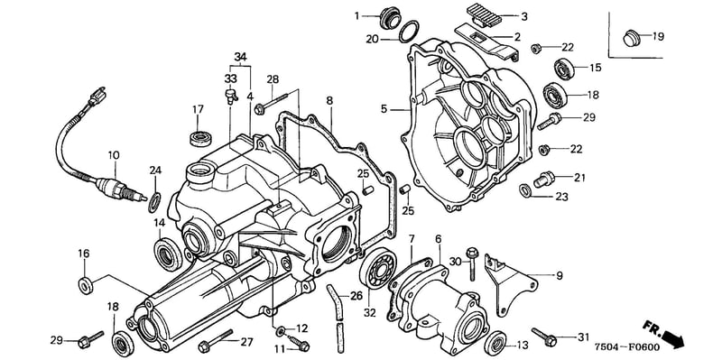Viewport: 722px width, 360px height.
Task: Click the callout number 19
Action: (658, 36)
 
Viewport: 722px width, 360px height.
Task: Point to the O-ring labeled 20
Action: (409, 32)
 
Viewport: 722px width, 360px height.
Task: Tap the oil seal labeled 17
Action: (201, 138)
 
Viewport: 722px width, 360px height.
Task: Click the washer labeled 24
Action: (154, 203)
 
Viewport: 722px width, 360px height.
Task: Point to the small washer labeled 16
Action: (86, 286)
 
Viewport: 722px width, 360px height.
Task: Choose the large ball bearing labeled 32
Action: (377, 268)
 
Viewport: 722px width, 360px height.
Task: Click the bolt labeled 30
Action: (472, 263)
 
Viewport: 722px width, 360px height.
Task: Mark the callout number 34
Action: (240, 57)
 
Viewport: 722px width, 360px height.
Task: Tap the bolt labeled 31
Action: (544, 336)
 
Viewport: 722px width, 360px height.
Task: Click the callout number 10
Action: (114, 155)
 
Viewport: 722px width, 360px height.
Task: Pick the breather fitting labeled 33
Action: (230, 95)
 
